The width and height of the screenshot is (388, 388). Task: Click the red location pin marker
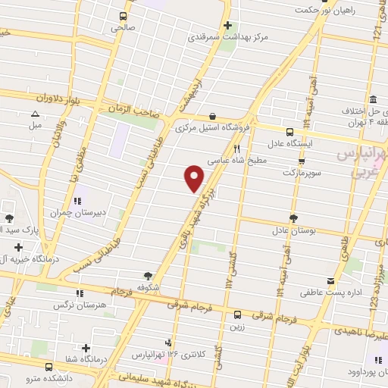point(195,177)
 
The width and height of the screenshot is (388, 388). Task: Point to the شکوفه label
point(149,288)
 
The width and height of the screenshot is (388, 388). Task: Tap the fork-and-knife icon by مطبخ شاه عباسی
point(236,149)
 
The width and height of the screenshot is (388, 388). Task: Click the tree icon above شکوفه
point(149,277)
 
